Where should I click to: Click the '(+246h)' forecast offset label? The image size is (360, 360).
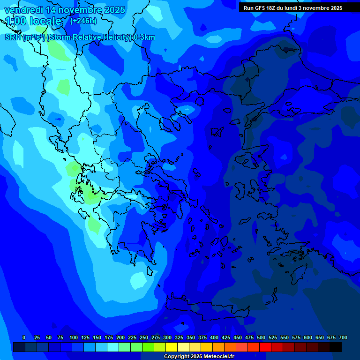83,21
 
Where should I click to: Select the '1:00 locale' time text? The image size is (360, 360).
33,21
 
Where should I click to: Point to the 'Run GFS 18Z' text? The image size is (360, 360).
261,8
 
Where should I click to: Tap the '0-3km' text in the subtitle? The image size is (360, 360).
144,37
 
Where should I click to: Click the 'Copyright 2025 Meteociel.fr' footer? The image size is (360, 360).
199,357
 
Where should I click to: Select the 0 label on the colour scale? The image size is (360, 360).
24,337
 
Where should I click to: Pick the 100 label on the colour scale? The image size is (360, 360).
74,337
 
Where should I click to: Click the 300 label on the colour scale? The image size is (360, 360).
167,337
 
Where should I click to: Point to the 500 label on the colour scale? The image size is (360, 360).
261,337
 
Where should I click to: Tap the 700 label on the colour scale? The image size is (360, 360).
343,337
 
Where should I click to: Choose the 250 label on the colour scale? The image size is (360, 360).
144,337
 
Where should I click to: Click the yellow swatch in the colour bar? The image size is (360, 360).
172,347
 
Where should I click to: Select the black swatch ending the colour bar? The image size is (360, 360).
336,347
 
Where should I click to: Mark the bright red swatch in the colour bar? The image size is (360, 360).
265,347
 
